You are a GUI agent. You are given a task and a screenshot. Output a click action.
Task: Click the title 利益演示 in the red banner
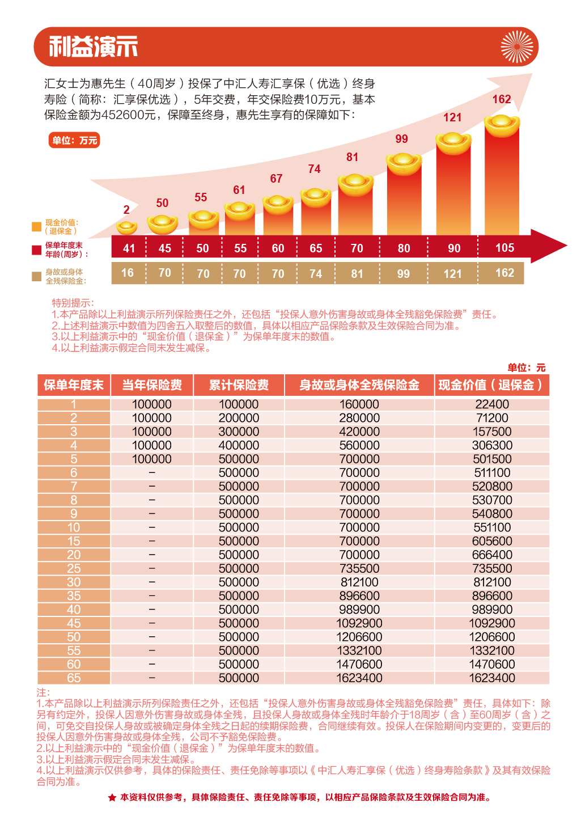pos(94,47)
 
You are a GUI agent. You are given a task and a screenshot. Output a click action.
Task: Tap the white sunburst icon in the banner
pos(517,47)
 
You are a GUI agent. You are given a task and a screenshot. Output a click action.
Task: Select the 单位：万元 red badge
pos(74,140)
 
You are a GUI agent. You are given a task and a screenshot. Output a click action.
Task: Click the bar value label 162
pos(502,99)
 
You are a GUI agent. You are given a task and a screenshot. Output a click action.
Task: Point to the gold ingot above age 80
pos(404,162)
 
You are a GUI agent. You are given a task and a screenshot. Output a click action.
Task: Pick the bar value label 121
pos(452,117)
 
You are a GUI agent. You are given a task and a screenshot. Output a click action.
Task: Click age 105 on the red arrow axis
pos(504,248)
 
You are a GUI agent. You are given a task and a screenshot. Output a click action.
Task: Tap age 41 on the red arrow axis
pos(129,248)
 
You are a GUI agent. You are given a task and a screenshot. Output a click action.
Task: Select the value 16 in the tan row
pos(128,273)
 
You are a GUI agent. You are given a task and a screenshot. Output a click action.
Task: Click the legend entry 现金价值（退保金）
pos(61,227)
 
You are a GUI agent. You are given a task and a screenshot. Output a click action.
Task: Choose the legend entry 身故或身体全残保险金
pos(65,276)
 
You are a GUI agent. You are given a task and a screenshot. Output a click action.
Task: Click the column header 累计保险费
pos(239,385)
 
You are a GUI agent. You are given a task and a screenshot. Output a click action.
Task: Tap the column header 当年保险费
pos(152,385)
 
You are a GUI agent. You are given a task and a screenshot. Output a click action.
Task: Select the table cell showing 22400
pos(492,404)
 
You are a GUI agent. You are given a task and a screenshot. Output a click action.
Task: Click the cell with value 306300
pos(492,445)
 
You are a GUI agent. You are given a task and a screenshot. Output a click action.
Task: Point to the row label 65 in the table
pos(74,678)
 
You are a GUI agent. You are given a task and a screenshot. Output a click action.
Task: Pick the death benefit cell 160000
pos(359,404)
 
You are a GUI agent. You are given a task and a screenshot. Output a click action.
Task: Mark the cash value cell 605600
pos(492,541)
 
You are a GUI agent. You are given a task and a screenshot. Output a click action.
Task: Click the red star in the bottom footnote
pos(112,798)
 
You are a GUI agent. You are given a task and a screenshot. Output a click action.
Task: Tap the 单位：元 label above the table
pos(526,367)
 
